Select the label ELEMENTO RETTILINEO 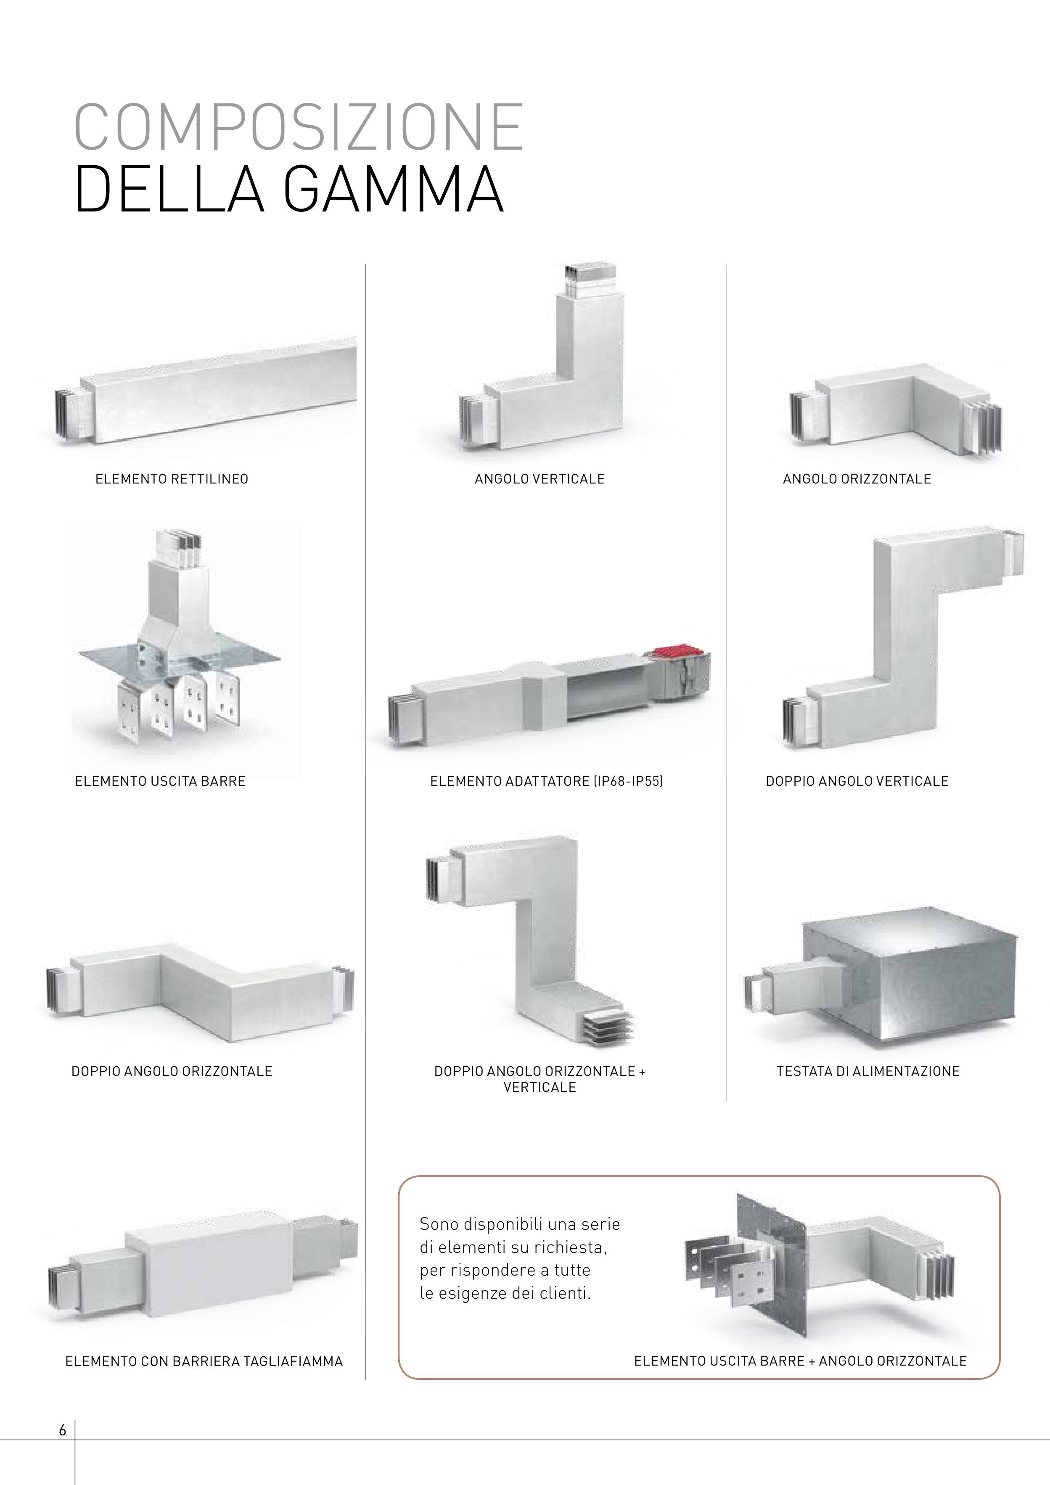coord(172,479)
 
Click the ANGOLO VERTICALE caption coord(540,479)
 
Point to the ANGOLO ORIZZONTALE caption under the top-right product coord(857,479)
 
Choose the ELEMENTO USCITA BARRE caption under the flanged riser coord(160,781)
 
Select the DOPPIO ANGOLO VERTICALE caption coord(857,781)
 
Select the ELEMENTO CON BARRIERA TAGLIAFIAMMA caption coord(204,1361)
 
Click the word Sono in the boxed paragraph coord(439,1224)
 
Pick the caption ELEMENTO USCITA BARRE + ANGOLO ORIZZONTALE coord(800,1361)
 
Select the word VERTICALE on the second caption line coord(540,1088)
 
